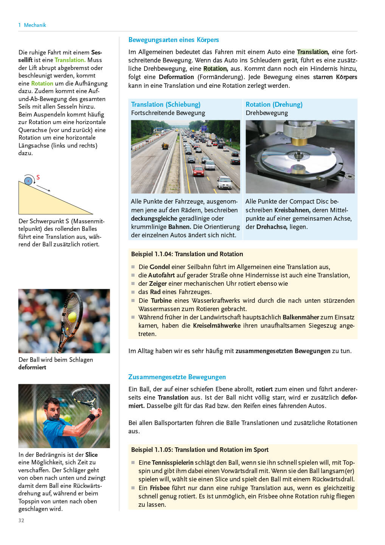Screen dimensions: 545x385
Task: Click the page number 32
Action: pyautogui.click(x=21, y=520)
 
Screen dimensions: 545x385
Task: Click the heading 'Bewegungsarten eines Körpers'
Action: pyautogui.click(x=174, y=40)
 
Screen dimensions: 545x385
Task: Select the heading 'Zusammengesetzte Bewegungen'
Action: pyautogui.click(x=177, y=377)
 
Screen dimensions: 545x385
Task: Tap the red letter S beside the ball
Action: pyautogui.click(x=38, y=177)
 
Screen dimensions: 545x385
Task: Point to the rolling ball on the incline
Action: pyautogui.click(x=28, y=181)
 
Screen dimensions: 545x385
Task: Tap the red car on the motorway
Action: pyautogui.click(x=198, y=171)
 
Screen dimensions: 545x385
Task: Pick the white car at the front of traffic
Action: pyautogui.click(x=225, y=183)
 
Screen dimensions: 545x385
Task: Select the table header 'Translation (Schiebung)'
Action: pyautogui.click(x=166, y=104)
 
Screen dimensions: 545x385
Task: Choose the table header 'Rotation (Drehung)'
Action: pyautogui.click(x=274, y=104)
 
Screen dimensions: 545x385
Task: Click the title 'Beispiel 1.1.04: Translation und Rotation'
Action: pyautogui.click(x=187, y=254)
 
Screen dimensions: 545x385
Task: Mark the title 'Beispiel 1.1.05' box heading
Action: pyautogui.click(x=200, y=450)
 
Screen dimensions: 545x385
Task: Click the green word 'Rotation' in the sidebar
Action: pyautogui.click(x=42, y=83)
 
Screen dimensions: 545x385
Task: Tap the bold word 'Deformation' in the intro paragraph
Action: pyautogui.click(x=176, y=77)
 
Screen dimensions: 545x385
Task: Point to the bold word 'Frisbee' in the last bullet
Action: pyautogui.click(x=159, y=488)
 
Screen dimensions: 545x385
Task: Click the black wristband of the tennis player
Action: pyautogui.click(x=91, y=418)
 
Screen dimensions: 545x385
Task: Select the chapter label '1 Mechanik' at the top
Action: pyautogui.click(x=32, y=25)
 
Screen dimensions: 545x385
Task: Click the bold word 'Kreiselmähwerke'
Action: pyautogui.click(x=216, y=325)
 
